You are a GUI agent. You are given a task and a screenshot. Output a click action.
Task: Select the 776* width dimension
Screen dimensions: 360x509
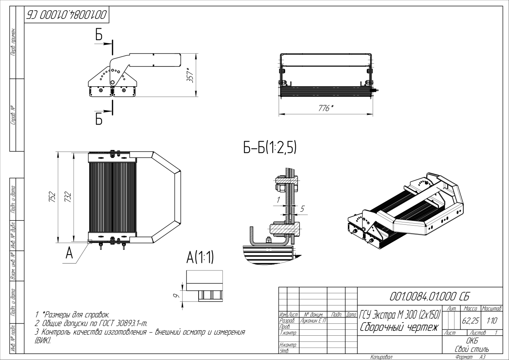tap(326, 108)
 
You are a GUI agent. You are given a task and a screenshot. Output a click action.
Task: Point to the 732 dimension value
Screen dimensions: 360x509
tap(68, 197)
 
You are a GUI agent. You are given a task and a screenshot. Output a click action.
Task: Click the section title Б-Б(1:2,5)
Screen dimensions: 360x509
tap(269, 148)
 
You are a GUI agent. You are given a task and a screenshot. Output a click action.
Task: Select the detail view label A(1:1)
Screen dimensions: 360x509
tap(200, 258)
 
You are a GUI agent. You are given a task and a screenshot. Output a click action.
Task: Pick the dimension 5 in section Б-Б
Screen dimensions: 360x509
tap(302, 208)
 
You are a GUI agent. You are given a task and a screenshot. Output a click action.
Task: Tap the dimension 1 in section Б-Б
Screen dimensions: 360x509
tap(279, 199)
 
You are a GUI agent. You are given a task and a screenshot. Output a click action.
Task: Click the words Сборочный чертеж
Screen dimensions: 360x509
tap(399, 328)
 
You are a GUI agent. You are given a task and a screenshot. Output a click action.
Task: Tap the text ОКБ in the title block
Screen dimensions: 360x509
tap(471, 341)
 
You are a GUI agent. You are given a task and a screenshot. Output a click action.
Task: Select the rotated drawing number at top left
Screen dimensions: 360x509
tap(66, 16)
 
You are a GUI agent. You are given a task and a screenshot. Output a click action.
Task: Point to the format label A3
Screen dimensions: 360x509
tap(482, 357)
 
